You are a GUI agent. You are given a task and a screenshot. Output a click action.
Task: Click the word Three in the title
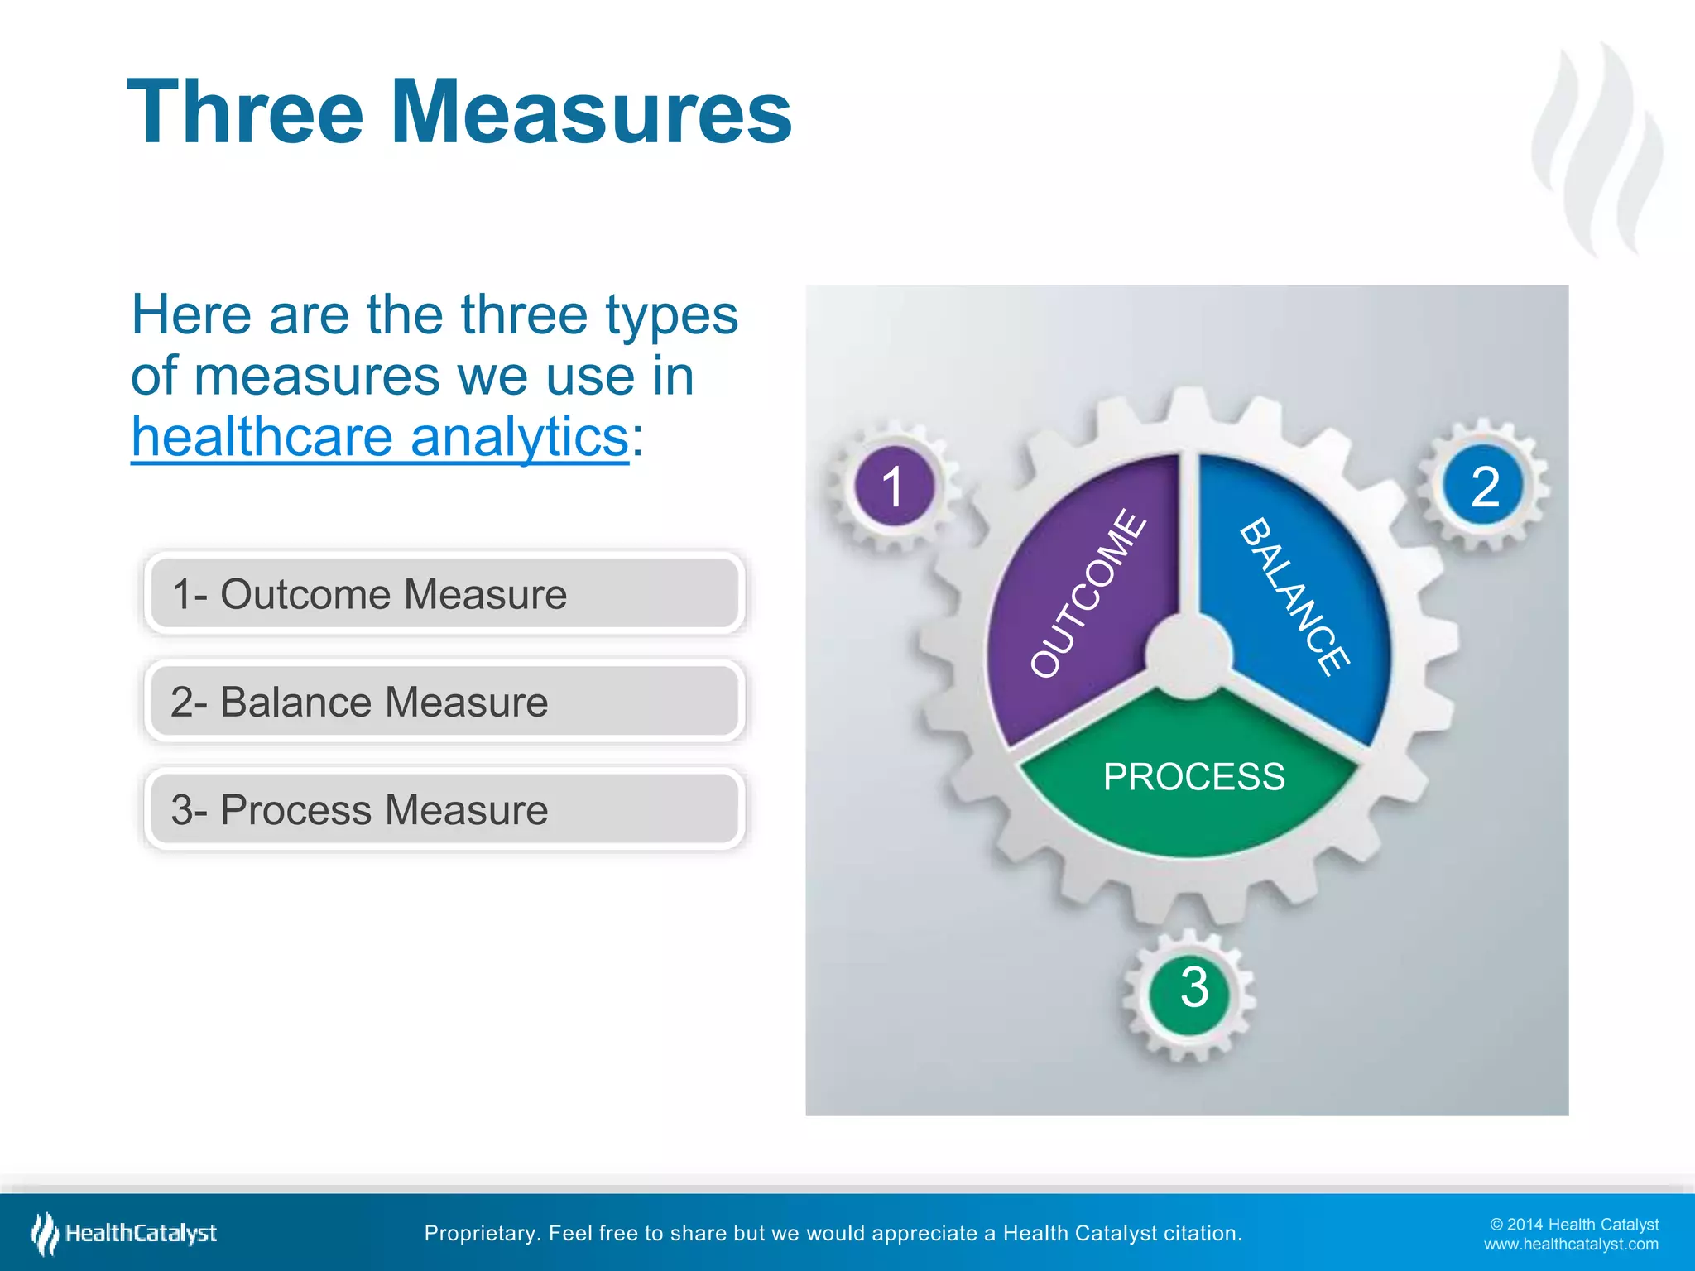(x=245, y=113)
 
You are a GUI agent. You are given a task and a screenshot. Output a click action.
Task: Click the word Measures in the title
(x=591, y=113)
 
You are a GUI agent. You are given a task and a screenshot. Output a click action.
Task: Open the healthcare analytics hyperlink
(x=380, y=436)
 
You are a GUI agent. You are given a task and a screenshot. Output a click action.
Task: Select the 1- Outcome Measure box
(x=444, y=593)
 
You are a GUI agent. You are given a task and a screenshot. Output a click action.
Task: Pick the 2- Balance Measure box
(x=444, y=702)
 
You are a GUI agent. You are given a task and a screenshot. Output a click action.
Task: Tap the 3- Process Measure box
(x=444, y=809)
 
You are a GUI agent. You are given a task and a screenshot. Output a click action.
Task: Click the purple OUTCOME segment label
(x=1088, y=592)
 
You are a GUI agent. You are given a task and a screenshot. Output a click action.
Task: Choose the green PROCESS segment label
(x=1193, y=777)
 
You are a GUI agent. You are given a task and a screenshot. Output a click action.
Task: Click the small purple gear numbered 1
(x=893, y=487)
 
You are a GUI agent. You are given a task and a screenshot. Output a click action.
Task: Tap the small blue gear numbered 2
(x=1484, y=487)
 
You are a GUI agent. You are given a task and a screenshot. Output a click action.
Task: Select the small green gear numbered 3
(x=1193, y=988)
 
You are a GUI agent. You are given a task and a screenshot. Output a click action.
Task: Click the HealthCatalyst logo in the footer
(x=124, y=1234)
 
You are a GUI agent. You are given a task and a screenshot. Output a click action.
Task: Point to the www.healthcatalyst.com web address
(x=1570, y=1245)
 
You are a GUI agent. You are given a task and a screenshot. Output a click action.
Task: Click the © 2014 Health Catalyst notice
(x=1573, y=1225)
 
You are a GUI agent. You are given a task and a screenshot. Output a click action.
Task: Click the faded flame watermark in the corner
(x=1597, y=149)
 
